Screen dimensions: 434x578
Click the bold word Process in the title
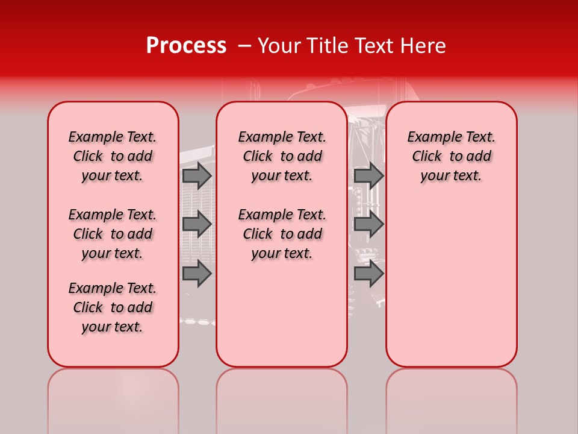click(186, 46)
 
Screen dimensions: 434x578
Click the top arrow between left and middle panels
click(197, 175)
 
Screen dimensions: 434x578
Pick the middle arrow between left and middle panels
click(197, 224)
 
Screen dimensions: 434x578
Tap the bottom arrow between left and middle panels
click(197, 273)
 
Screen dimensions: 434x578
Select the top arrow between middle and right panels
click(369, 175)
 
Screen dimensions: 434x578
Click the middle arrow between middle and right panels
click(369, 224)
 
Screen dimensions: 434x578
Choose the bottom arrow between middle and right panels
click(369, 273)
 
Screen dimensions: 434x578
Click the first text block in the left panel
click(113, 156)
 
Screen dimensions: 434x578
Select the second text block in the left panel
click(113, 234)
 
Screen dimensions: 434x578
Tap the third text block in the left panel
click(113, 307)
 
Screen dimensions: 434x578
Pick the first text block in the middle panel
click(282, 156)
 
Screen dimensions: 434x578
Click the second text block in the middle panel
click(282, 234)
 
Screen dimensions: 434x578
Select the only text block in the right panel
click(451, 156)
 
